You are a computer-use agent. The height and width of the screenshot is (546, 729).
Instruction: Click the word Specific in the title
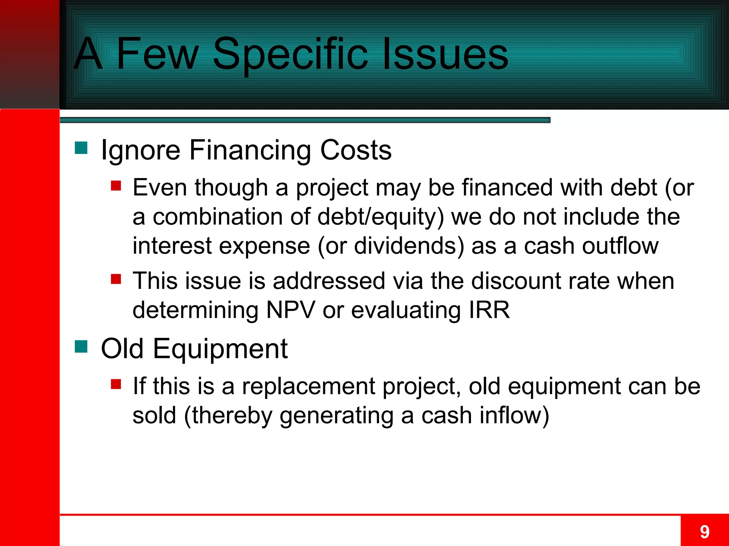point(290,54)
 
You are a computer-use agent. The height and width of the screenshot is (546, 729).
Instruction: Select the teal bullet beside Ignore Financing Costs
point(81,148)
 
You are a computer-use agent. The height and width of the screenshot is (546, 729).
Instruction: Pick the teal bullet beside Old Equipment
point(81,347)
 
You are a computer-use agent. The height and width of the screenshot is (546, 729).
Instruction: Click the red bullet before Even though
point(116,186)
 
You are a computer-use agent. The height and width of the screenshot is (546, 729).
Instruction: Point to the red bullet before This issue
point(116,279)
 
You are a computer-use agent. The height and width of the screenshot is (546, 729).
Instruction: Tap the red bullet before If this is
point(116,384)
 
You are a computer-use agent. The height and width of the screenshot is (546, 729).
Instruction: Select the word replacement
point(309,386)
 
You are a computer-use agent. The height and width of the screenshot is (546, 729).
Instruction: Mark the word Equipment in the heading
point(220,349)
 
